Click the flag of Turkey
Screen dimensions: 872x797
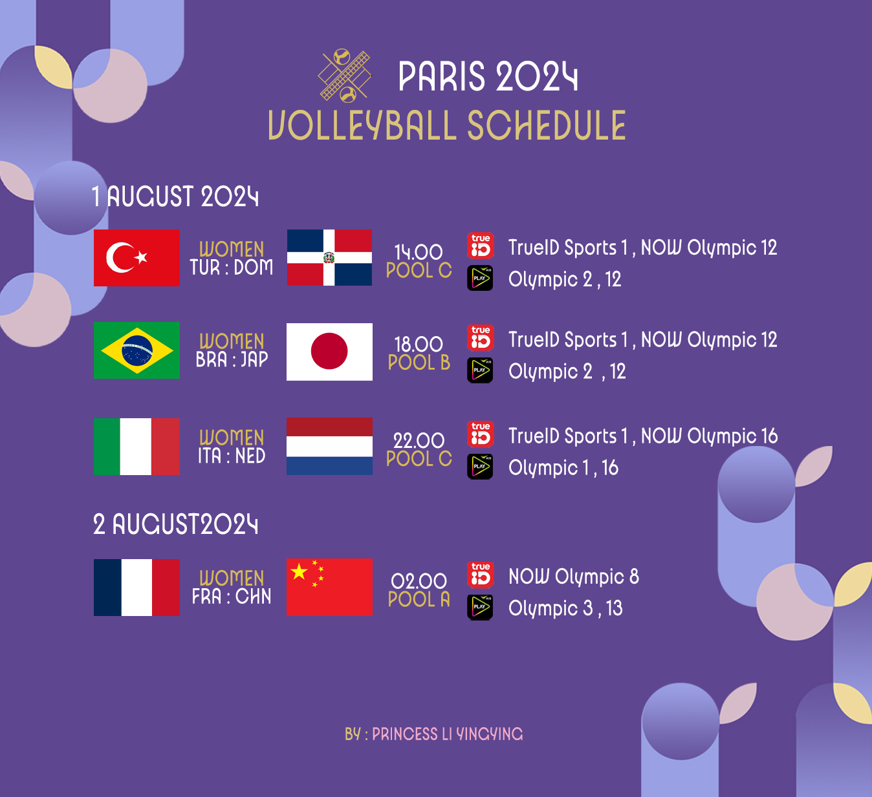click(136, 258)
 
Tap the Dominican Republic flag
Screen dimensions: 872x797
click(329, 258)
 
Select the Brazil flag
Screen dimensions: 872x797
click(136, 350)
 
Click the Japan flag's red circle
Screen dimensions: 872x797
click(329, 351)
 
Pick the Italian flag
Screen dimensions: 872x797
click(136, 446)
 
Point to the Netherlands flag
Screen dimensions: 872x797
click(329, 446)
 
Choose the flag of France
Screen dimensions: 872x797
click(136, 588)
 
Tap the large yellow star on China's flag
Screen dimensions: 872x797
click(299, 571)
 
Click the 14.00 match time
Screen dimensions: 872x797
click(418, 252)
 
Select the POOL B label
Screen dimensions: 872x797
click(419, 363)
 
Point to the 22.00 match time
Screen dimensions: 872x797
click(419, 441)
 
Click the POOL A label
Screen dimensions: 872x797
click(419, 599)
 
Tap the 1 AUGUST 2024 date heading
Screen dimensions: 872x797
click(175, 197)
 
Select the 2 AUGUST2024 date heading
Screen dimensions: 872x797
click(175, 524)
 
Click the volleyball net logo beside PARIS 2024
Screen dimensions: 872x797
click(345, 76)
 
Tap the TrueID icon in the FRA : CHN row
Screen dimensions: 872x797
click(481, 575)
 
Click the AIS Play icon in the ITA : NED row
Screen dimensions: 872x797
click(480, 467)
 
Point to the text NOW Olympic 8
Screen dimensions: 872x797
click(574, 576)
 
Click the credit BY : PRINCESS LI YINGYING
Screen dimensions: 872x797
click(434, 734)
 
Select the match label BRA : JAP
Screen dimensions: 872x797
click(232, 359)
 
